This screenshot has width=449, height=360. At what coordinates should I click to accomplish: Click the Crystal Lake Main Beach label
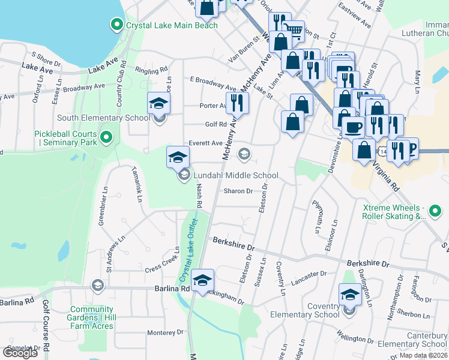[172, 25]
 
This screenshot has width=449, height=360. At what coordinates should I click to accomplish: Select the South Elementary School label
[103, 118]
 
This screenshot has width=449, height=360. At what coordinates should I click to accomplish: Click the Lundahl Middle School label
[235, 175]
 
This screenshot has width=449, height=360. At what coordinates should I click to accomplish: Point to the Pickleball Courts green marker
[106, 138]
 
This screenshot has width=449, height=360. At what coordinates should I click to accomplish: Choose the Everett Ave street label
[205, 143]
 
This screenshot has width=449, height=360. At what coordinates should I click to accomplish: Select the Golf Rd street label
[214, 124]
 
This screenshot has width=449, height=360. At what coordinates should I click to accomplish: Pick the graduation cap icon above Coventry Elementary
[350, 294]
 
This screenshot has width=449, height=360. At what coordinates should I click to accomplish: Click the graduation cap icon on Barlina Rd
[203, 279]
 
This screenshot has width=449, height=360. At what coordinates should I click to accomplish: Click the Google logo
[20, 353]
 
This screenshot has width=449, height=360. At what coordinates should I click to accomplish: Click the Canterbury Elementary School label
[418, 340]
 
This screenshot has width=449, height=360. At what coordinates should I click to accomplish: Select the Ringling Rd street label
[151, 70]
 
